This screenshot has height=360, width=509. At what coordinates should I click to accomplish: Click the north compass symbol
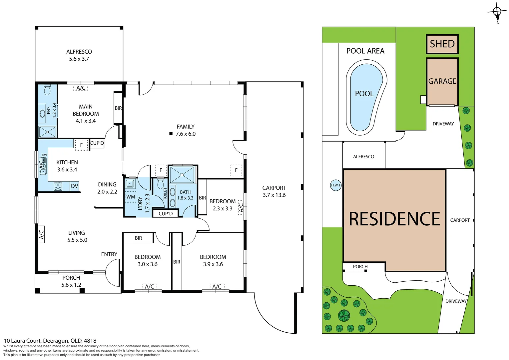[x=497, y=12]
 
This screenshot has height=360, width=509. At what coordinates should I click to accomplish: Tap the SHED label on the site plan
[x=442, y=44]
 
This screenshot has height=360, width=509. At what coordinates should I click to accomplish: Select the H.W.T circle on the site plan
[x=336, y=185]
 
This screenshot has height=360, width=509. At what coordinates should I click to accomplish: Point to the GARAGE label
[x=442, y=81]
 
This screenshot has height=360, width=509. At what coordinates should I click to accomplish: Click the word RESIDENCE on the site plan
[x=394, y=219]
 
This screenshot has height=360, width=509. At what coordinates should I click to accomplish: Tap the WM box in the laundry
[x=131, y=197]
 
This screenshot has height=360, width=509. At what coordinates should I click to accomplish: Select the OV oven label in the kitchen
[x=74, y=186]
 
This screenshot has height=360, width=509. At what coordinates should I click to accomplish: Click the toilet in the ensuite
[x=47, y=90]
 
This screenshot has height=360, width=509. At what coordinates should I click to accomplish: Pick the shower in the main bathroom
[x=182, y=174]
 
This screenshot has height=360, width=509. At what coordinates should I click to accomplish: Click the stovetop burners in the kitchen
[x=58, y=186]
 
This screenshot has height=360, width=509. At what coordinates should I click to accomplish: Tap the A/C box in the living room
[x=41, y=234]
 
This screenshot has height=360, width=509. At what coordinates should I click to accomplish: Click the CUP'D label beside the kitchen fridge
[x=97, y=143]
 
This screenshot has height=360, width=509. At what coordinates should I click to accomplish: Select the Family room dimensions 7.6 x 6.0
[x=186, y=134]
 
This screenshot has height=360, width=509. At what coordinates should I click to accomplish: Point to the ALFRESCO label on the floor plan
[x=79, y=52]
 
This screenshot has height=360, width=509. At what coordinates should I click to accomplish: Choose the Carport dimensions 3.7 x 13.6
[x=274, y=195]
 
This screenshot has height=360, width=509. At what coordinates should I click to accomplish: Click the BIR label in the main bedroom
[x=118, y=108]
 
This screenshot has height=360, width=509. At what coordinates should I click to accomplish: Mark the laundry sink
[x=130, y=184]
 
